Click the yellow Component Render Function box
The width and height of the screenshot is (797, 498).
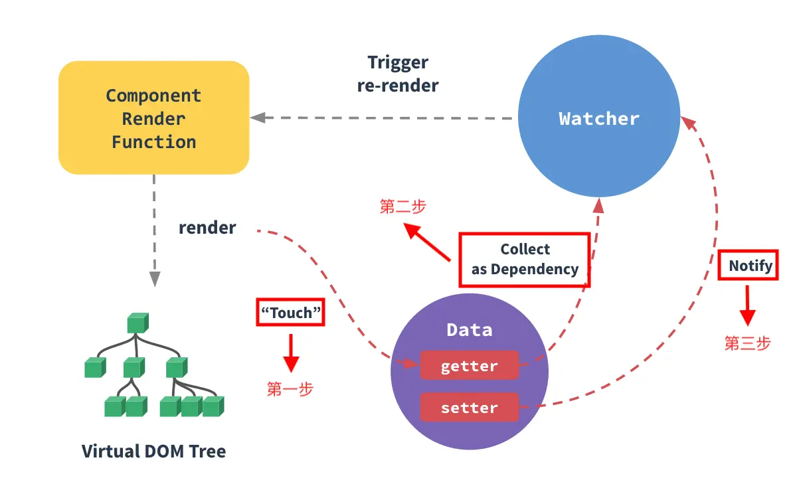point(153,118)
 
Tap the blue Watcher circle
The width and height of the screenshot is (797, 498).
point(599,116)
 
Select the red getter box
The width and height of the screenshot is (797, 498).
point(470,365)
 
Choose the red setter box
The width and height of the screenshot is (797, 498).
point(470,407)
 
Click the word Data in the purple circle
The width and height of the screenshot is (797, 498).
point(470,330)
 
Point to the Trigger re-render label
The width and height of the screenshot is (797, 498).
point(398,74)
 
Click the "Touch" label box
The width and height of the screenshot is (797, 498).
point(290,312)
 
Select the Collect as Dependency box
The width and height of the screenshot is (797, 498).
point(525,260)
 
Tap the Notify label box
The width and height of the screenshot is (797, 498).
point(748,265)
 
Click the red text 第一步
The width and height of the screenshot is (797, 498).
point(290,389)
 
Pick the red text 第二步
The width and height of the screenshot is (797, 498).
point(402,207)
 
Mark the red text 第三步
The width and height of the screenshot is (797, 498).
point(748,343)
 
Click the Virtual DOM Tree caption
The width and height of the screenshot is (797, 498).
point(153,451)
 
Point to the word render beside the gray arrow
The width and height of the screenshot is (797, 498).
point(207,228)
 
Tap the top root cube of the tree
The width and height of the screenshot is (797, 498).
point(137,323)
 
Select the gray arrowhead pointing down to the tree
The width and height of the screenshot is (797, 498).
point(155,278)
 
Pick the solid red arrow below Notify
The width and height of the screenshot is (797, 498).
point(748,305)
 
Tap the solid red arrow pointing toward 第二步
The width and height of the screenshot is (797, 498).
point(427,242)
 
